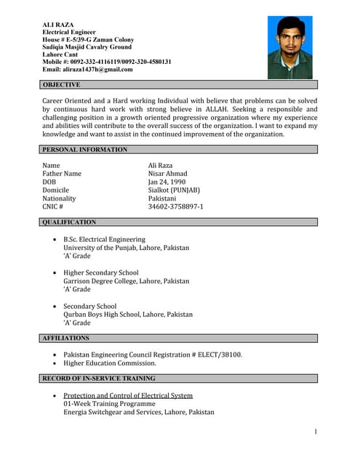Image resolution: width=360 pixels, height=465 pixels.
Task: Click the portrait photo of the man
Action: click(289, 47)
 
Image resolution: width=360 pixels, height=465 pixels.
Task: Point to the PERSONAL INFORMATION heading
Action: click(84, 150)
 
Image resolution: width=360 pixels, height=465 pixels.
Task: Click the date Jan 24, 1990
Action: click(167, 182)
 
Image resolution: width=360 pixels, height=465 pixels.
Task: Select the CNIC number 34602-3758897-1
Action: click(175, 207)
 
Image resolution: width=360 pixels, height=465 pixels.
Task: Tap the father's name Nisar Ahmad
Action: click(167, 174)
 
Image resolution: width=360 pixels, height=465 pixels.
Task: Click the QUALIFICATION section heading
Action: click(69, 222)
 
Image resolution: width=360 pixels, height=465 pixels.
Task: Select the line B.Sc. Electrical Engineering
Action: click(104, 239)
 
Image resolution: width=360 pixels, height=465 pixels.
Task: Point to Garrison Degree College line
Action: click(126, 281)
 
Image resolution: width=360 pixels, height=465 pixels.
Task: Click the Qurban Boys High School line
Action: click(128, 315)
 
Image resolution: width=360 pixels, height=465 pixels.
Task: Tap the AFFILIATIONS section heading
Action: click(66, 339)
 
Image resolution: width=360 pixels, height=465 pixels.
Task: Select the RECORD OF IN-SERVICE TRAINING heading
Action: click(99, 379)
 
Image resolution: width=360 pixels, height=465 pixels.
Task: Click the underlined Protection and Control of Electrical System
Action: click(128, 395)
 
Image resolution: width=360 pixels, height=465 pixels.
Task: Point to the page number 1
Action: click(316, 432)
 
